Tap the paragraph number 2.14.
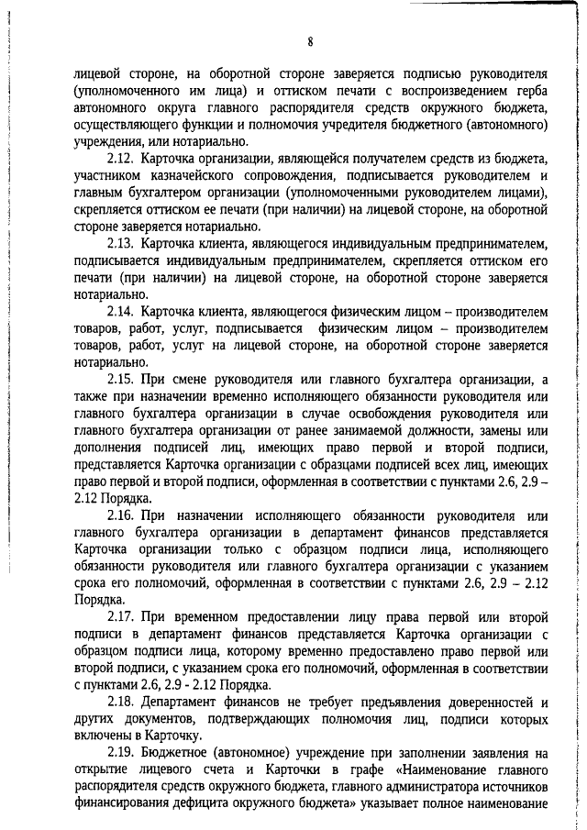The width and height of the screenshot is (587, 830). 121,313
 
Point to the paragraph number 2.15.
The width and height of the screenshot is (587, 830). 121,381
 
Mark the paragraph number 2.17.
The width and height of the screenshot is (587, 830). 121,614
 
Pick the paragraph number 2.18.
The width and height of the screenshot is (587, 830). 121,698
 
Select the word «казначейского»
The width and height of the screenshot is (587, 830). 227,174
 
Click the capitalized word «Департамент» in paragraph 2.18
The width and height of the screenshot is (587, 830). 186,698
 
